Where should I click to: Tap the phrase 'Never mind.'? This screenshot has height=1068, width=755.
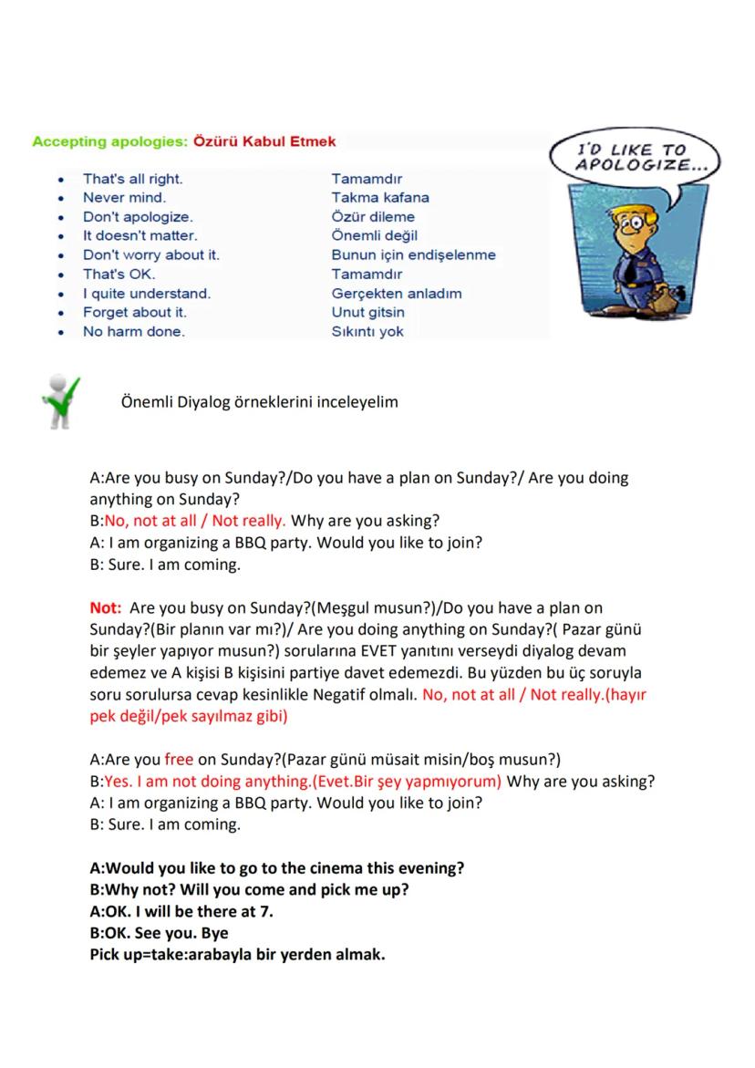[125, 198]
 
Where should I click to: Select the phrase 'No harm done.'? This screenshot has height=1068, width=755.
[134, 332]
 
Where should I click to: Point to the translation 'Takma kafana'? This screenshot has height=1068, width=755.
[380, 198]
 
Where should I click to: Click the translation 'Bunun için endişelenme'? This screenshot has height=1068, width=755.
[413, 255]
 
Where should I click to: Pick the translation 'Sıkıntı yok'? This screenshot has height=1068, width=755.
[367, 332]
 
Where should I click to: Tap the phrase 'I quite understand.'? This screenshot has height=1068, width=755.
[147, 294]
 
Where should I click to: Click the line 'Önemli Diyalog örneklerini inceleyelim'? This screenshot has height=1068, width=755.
[259, 402]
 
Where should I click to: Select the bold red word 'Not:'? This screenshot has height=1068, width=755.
[106, 607]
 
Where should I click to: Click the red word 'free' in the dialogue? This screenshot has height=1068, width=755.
[179, 761]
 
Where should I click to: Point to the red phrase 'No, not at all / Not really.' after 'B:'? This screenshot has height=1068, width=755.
[195, 522]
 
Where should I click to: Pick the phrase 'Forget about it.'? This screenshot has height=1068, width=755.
[135, 313]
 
